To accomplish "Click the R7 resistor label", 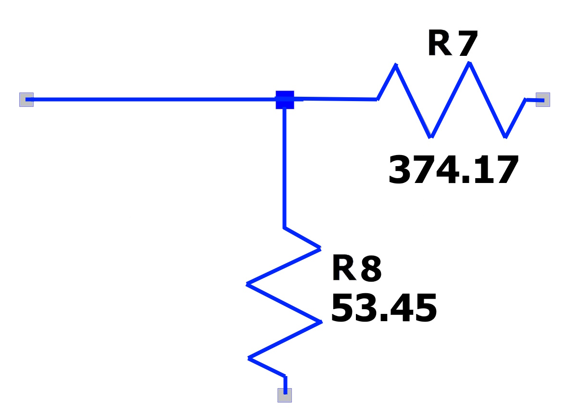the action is click(x=453, y=43).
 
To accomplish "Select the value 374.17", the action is click(x=454, y=170).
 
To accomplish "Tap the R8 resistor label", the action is click(x=356, y=268).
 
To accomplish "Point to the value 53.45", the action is click(x=384, y=308).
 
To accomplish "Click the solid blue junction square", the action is click(x=285, y=100).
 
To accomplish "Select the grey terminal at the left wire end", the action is click(x=26, y=100).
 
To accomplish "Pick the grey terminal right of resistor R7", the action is click(x=543, y=100).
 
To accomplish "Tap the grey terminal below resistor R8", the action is click(x=285, y=395).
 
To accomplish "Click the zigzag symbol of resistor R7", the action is click(x=451, y=100).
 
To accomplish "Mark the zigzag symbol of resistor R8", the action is click(x=284, y=302).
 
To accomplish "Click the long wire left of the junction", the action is click(x=151, y=99).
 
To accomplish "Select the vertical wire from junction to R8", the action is click(x=285, y=168).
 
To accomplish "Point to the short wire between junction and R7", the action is click(x=335, y=98).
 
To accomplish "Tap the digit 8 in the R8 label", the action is click(x=371, y=268).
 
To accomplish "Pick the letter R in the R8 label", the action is click(x=344, y=268).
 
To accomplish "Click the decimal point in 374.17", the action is click(x=466, y=179).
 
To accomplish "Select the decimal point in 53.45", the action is click(x=384, y=317).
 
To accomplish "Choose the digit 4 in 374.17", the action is click(x=448, y=170).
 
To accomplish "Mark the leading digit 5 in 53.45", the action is click(x=342, y=308).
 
